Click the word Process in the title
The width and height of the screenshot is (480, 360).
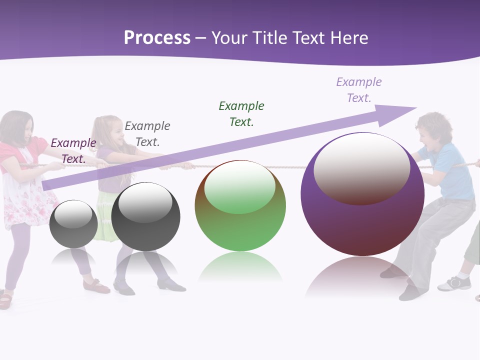157,38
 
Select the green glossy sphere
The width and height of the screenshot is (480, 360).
240,206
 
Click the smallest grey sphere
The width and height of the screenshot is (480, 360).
73,224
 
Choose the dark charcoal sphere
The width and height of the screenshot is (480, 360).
145,217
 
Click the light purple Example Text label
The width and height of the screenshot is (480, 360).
358,90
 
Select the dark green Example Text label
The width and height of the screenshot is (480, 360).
241,114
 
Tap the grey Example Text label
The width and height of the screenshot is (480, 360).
147,134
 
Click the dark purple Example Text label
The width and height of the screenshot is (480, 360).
73,151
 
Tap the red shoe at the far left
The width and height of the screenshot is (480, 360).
5,299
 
